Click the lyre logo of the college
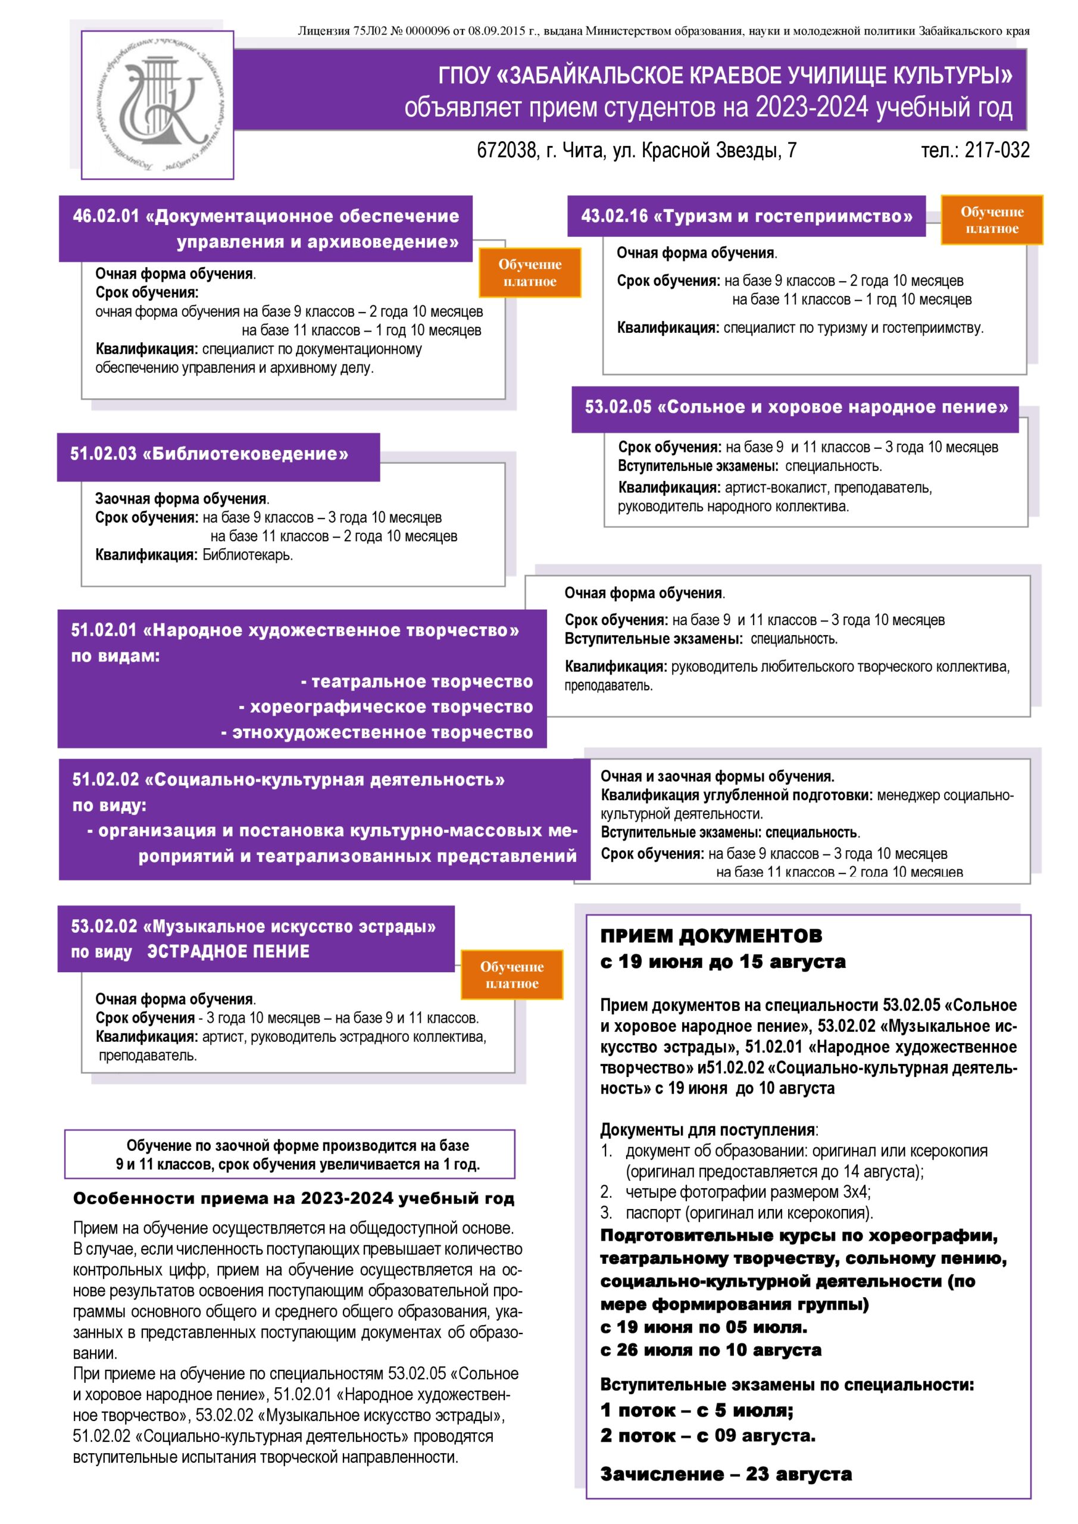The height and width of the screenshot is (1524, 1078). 157,104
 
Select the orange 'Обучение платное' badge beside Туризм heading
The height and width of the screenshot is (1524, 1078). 992,220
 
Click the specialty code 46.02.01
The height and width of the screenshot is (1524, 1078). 106,216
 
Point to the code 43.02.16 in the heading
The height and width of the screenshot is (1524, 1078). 614,216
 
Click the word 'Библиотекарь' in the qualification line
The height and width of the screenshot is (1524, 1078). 247,555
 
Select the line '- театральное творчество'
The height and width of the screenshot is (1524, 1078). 416,682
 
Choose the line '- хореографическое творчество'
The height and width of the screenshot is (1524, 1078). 386,707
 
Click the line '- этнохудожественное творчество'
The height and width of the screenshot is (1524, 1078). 376,732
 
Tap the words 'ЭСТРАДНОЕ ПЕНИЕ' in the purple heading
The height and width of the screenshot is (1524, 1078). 229,951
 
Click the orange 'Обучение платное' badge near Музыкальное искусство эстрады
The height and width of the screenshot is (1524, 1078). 512,975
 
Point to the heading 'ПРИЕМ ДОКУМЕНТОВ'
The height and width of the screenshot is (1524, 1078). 711,936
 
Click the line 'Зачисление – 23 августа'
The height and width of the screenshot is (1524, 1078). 726,1474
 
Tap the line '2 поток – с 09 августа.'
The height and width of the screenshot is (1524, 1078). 708,1436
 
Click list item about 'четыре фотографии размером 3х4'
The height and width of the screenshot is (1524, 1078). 748,1192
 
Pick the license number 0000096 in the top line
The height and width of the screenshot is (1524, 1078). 429,30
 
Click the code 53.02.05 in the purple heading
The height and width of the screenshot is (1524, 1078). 618,407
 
